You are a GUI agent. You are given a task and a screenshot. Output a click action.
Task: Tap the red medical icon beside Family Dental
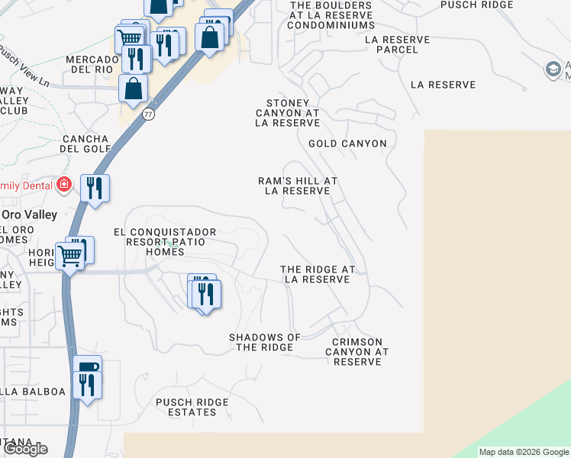[65, 185]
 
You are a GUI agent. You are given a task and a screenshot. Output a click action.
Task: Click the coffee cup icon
[87, 368]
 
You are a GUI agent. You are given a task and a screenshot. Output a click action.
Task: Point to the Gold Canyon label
[347, 144]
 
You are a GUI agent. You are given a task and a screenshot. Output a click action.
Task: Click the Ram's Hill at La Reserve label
[298, 185]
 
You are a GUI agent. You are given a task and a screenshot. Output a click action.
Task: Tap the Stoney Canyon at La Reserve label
[287, 113]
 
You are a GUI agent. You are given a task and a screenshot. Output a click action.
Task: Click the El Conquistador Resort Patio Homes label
[165, 242]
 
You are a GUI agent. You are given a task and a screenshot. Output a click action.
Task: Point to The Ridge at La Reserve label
[318, 275]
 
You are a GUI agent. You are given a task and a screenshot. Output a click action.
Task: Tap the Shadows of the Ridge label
[265, 342]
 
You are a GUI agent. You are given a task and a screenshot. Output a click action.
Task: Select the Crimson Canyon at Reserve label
[357, 352]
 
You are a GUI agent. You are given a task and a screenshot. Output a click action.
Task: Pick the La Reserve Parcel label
[398, 44]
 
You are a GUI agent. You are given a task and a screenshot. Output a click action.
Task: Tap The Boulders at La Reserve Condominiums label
[331, 15]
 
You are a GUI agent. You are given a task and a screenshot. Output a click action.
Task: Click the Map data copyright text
[524, 452]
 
